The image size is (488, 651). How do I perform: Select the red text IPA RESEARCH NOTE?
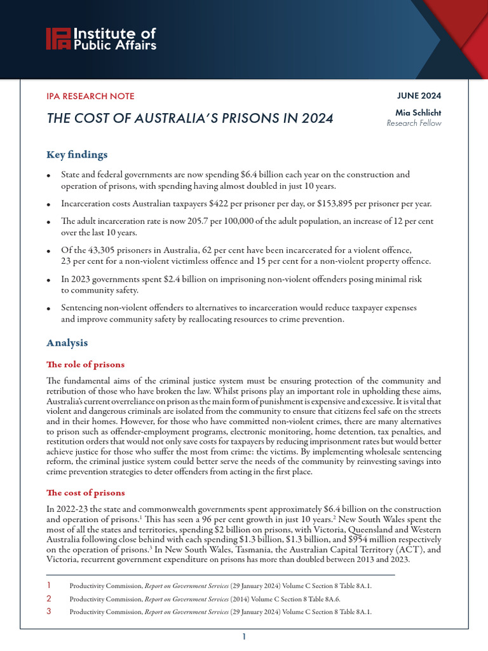click(91, 96)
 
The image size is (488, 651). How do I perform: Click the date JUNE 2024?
click(419, 96)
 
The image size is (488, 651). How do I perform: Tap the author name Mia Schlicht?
click(418, 113)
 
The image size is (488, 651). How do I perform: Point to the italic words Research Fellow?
click(414, 123)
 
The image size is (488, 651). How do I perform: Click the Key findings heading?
click(77, 154)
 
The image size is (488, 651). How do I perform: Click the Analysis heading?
click(67, 342)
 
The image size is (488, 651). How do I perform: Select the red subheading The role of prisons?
click(86, 364)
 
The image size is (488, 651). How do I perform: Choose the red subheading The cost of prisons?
click(86, 493)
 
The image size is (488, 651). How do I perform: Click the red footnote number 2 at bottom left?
click(50, 598)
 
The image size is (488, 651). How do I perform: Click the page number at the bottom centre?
click(243, 636)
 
